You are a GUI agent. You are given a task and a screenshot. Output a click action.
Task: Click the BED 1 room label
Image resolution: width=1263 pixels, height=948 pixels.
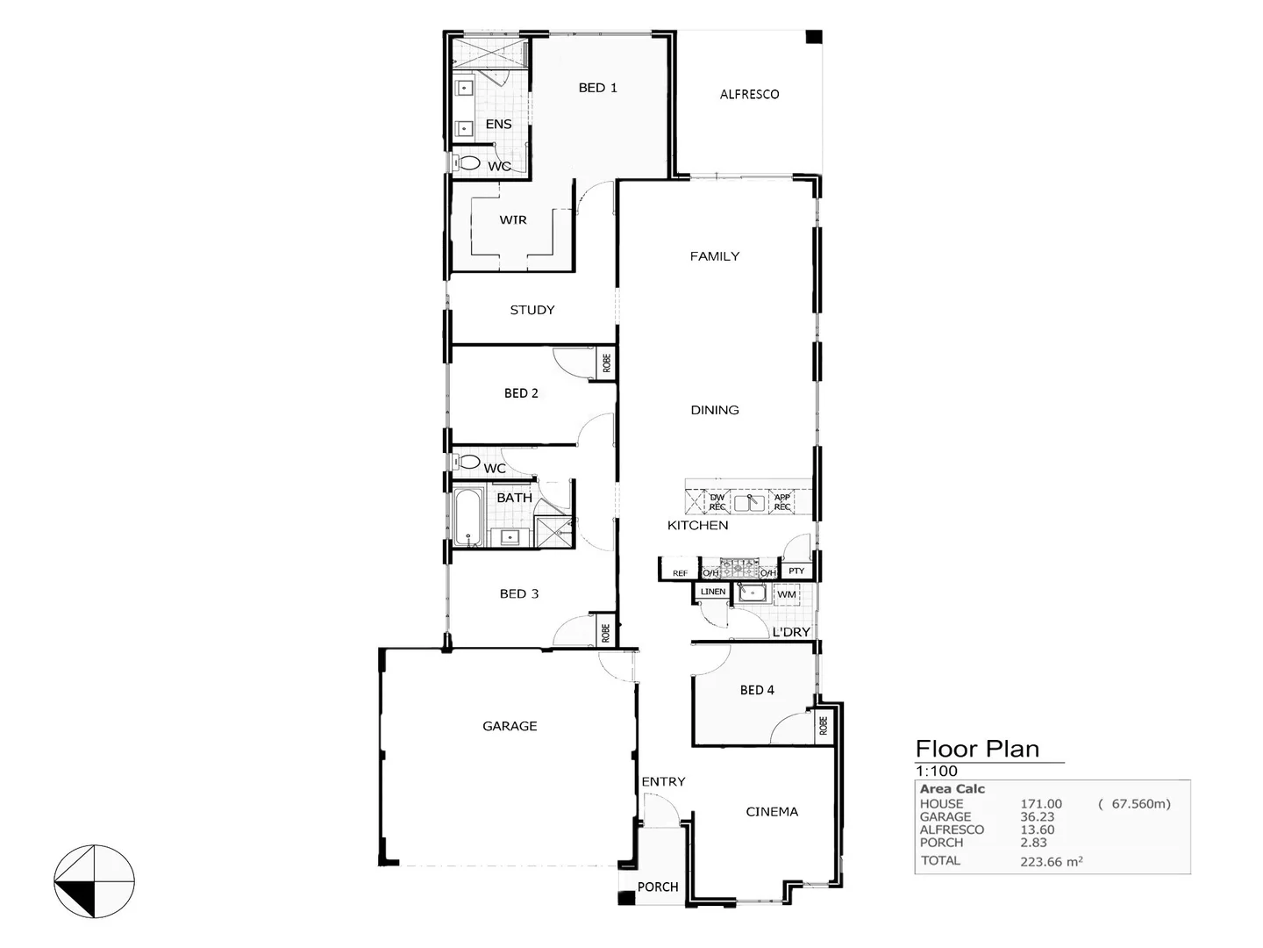click(x=597, y=88)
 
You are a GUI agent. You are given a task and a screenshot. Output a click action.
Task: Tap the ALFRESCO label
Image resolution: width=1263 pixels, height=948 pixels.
click(x=749, y=94)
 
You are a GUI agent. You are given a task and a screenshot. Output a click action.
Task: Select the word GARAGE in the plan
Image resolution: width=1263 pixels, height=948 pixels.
click(x=510, y=726)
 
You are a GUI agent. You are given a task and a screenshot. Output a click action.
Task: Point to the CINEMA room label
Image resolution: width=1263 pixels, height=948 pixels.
click(x=772, y=812)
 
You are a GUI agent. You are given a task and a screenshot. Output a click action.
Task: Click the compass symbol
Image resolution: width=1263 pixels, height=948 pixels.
click(x=95, y=881)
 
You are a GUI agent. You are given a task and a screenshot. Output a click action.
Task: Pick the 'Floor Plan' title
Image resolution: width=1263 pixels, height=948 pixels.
click(x=977, y=749)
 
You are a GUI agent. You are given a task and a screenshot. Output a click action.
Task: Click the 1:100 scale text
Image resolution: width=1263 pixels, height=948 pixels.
click(x=937, y=772)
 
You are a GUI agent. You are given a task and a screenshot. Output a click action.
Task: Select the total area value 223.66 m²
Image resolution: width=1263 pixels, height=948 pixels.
click(x=1051, y=861)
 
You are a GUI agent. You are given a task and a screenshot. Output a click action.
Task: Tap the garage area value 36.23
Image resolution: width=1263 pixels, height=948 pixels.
click(x=1037, y=816)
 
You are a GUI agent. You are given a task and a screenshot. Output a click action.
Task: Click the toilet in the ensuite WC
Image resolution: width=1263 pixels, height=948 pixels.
click(x=468, y=163)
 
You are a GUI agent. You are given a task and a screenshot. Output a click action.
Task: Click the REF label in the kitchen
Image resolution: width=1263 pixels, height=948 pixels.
click(x=680, y=573)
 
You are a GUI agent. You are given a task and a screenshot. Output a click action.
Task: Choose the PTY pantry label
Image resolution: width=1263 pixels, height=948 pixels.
click(x=796, y=571)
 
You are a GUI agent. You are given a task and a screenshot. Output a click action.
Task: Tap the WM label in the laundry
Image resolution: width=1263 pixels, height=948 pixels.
click(x=787, y=594)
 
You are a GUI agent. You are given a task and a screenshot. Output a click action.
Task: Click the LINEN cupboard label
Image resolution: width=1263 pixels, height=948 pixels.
click(x=713, y=592)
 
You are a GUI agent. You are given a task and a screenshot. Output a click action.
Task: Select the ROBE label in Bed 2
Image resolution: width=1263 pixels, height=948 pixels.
click(x=606, y=362)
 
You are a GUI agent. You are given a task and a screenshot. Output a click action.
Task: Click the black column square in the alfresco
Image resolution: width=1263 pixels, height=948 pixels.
click(x=814, y=37)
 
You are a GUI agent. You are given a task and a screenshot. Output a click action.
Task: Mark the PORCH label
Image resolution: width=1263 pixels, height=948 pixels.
click(x=658, y=887)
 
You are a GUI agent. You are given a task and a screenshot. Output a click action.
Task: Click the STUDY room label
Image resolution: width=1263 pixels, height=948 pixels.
click(x=532, y=310)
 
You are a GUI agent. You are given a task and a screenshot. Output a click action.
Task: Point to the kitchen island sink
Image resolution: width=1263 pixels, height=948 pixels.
click(x=749, y=503)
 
